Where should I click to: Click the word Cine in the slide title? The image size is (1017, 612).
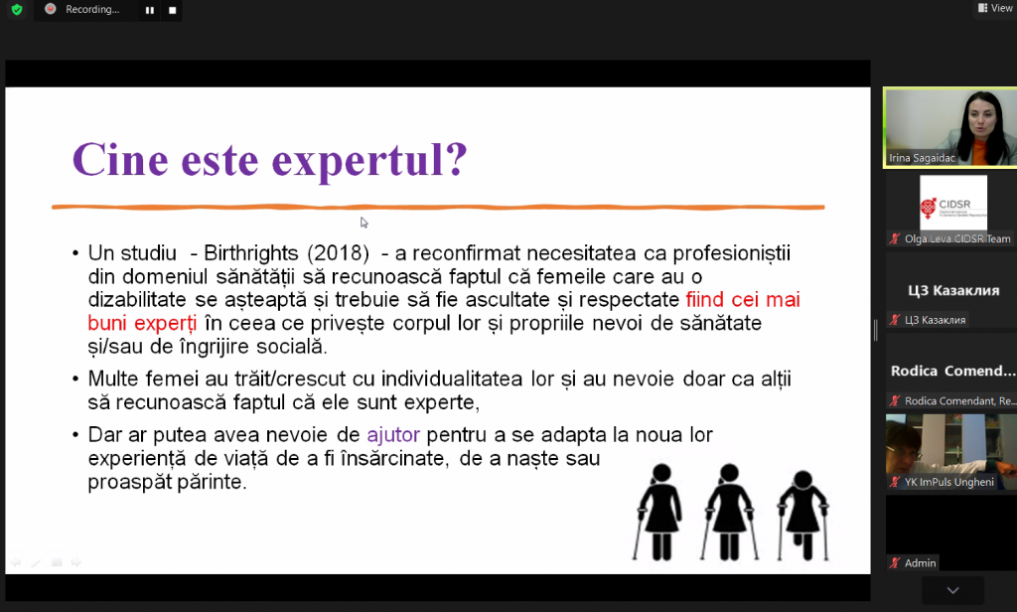[120, 159]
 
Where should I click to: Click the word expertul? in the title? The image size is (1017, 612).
[369, 161]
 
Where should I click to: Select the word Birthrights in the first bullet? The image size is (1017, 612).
[251, 253]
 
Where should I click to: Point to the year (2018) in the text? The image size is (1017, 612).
[339, 253]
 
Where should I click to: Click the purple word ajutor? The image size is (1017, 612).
[393, 434]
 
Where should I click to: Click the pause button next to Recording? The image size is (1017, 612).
[150, 10]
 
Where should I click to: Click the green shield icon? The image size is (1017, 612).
[17, 10]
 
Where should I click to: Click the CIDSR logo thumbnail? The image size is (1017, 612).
[952, 204]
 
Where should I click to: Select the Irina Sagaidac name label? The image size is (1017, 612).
[922, 158]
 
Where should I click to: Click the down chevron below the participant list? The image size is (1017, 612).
[952, 590]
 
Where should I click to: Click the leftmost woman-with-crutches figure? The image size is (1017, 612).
[659, 512]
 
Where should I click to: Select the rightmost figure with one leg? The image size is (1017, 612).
[802, 516]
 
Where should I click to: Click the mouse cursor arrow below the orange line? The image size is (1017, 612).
[363, 223]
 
